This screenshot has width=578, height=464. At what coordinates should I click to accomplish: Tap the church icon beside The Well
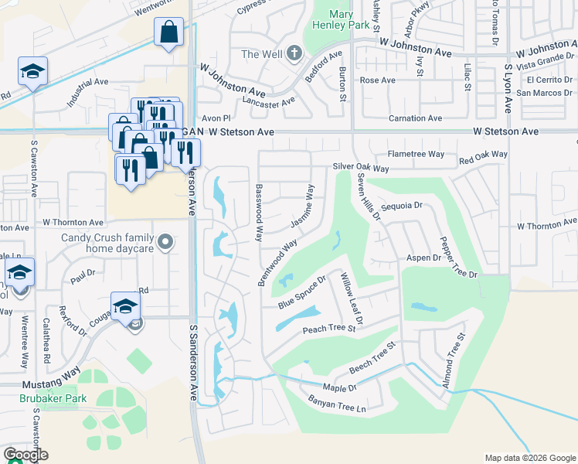click(x=293, y=54)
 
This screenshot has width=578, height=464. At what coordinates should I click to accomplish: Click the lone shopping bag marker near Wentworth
click(x=168, y=33)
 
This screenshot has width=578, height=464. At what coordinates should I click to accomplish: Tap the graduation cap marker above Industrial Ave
click(x=32, y=72)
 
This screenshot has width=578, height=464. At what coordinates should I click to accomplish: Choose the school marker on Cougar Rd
click(x=125, y=306)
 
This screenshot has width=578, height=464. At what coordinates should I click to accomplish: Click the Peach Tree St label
click(x=328, y=329)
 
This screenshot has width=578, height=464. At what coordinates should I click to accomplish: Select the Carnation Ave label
click(x=415, y=118)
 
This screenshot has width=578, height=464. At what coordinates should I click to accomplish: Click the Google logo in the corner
click(x=25, y=455)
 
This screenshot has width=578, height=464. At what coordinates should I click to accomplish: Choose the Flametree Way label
click(x=416, y=154)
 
